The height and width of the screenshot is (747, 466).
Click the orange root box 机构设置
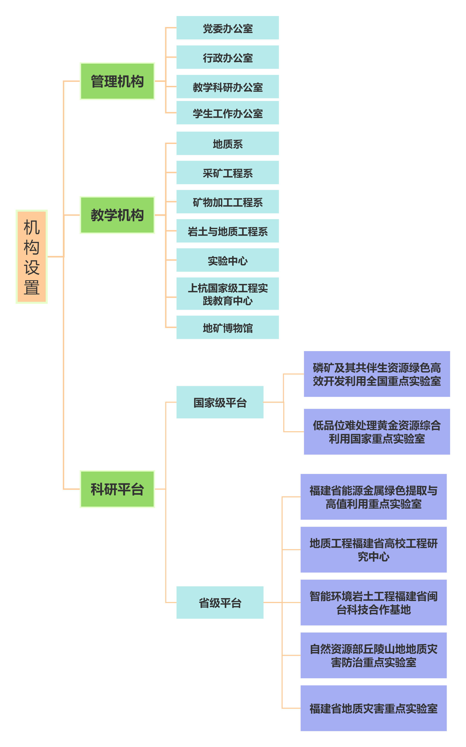pos(31,257)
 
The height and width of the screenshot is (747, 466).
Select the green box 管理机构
pos(117,81)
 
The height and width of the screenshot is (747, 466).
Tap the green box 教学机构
pos(117,215)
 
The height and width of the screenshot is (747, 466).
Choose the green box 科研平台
pos(117,489)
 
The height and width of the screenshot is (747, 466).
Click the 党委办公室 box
pos(228,28)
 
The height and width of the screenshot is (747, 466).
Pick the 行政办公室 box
pos(228,57)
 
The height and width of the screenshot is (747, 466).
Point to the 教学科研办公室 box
pos(228,87)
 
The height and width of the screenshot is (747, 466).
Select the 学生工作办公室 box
pos(228,113)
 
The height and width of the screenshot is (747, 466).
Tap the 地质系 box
pos(228,143)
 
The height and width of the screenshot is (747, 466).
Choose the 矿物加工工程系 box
pos(228,202)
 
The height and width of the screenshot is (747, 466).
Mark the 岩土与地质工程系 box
pos(228,231)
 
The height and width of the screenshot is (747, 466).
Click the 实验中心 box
pos(228,260)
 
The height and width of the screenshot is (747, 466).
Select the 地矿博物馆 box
pos(228,327)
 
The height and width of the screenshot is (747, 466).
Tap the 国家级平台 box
pos(220,402)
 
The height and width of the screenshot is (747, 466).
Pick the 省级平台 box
pos(220,602)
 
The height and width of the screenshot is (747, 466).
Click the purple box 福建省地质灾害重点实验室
pos(373,708)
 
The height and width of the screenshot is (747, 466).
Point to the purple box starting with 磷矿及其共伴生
pos(377,374)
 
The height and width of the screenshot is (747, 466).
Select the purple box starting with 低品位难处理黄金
pos(377,432)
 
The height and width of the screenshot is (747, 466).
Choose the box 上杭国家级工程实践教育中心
pos(228,294)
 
